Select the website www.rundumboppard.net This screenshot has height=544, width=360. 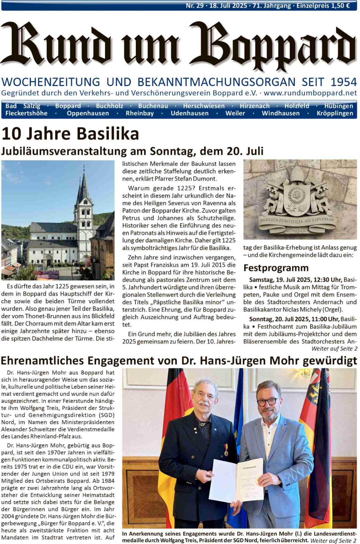[310, 93]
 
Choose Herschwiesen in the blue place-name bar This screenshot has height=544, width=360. [204, 106]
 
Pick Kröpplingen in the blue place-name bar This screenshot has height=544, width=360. [335, 113]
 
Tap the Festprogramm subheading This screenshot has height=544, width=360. [276, 268]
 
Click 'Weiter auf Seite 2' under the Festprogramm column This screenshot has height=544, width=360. [334, 349]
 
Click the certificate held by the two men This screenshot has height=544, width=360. [237, 480]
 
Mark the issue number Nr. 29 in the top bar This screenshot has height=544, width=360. [194, 5]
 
